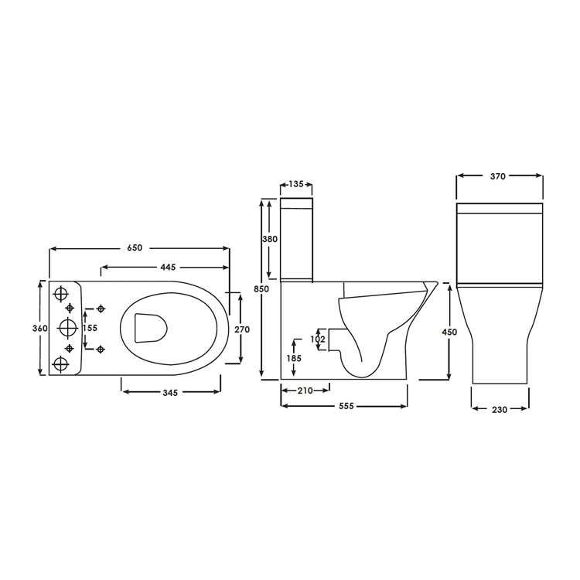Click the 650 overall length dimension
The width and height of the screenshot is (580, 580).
pyautogui.click(x=134, y=248)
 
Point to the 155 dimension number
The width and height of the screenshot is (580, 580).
pyautogui.click(x=90, y=328)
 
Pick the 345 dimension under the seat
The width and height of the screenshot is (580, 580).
pyautogui.click(x=171, y=393)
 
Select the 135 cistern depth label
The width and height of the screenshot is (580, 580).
pyautogui.click(x=295, y=184)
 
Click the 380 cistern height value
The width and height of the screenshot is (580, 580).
pyautogui.click(x=270, y=240)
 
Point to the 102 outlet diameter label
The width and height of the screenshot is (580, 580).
pyautogui.click(x=317, y=338)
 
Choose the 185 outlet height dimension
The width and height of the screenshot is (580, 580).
pyautogui.click(x=295, y=358)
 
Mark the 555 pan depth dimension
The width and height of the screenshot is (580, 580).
pyautogui.click(x=344, y=406)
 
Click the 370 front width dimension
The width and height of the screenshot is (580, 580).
pyautogui.click(x=497, y=176)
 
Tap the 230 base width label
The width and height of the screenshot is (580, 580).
pyautogui.click(x=500, y=410)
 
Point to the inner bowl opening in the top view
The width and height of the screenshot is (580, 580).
pyautogui.click(x=151, y=328)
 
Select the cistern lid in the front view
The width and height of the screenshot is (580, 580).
pyautogui.click(x=500, y=209)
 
